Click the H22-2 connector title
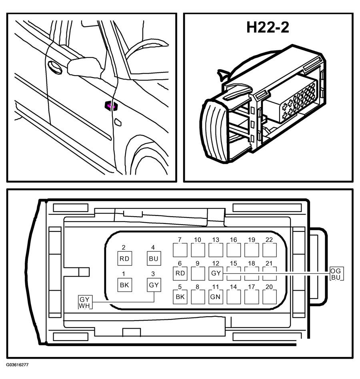(x=268, y=27)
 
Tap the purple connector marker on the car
(x=111, y=106)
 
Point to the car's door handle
(x=55, y=67)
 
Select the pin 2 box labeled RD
(x=124, y=258)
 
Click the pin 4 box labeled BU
(x=154, y=258)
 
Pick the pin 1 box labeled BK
(x=124, y=285)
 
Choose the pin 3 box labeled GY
(x=154, y=285)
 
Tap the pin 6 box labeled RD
(x=180, y=273)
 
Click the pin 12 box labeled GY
(x=216, y=273)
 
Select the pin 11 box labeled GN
(x=216, y=297)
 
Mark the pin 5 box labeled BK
(x=180, y=297)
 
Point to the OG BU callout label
(x=336, y=273)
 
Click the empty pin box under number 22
(x=270, y=250)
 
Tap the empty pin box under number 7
(x=180, y=250)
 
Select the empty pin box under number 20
(x=270, y=297)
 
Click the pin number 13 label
(x=216, y=240)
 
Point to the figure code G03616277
(x=18, y=365)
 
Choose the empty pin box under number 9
(x=198, y=273)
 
